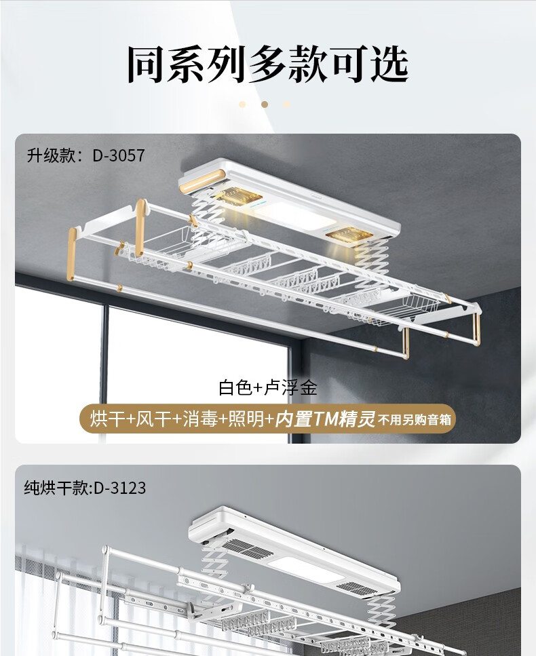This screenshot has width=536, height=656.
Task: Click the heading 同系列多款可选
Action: point(267,64)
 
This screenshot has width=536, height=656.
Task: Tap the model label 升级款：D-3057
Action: point(85,155)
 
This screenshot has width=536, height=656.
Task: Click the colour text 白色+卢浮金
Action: point(267,388)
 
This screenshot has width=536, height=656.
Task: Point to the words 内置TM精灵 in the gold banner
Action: point(326,419)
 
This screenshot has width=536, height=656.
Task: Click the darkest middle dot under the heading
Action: point(265,104)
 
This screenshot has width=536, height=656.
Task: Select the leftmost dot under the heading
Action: point(242,104)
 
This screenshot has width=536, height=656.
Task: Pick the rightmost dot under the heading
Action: point(287,104)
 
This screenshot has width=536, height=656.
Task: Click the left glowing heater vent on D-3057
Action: point(240,199)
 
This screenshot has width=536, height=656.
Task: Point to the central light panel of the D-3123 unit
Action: point(299,568)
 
